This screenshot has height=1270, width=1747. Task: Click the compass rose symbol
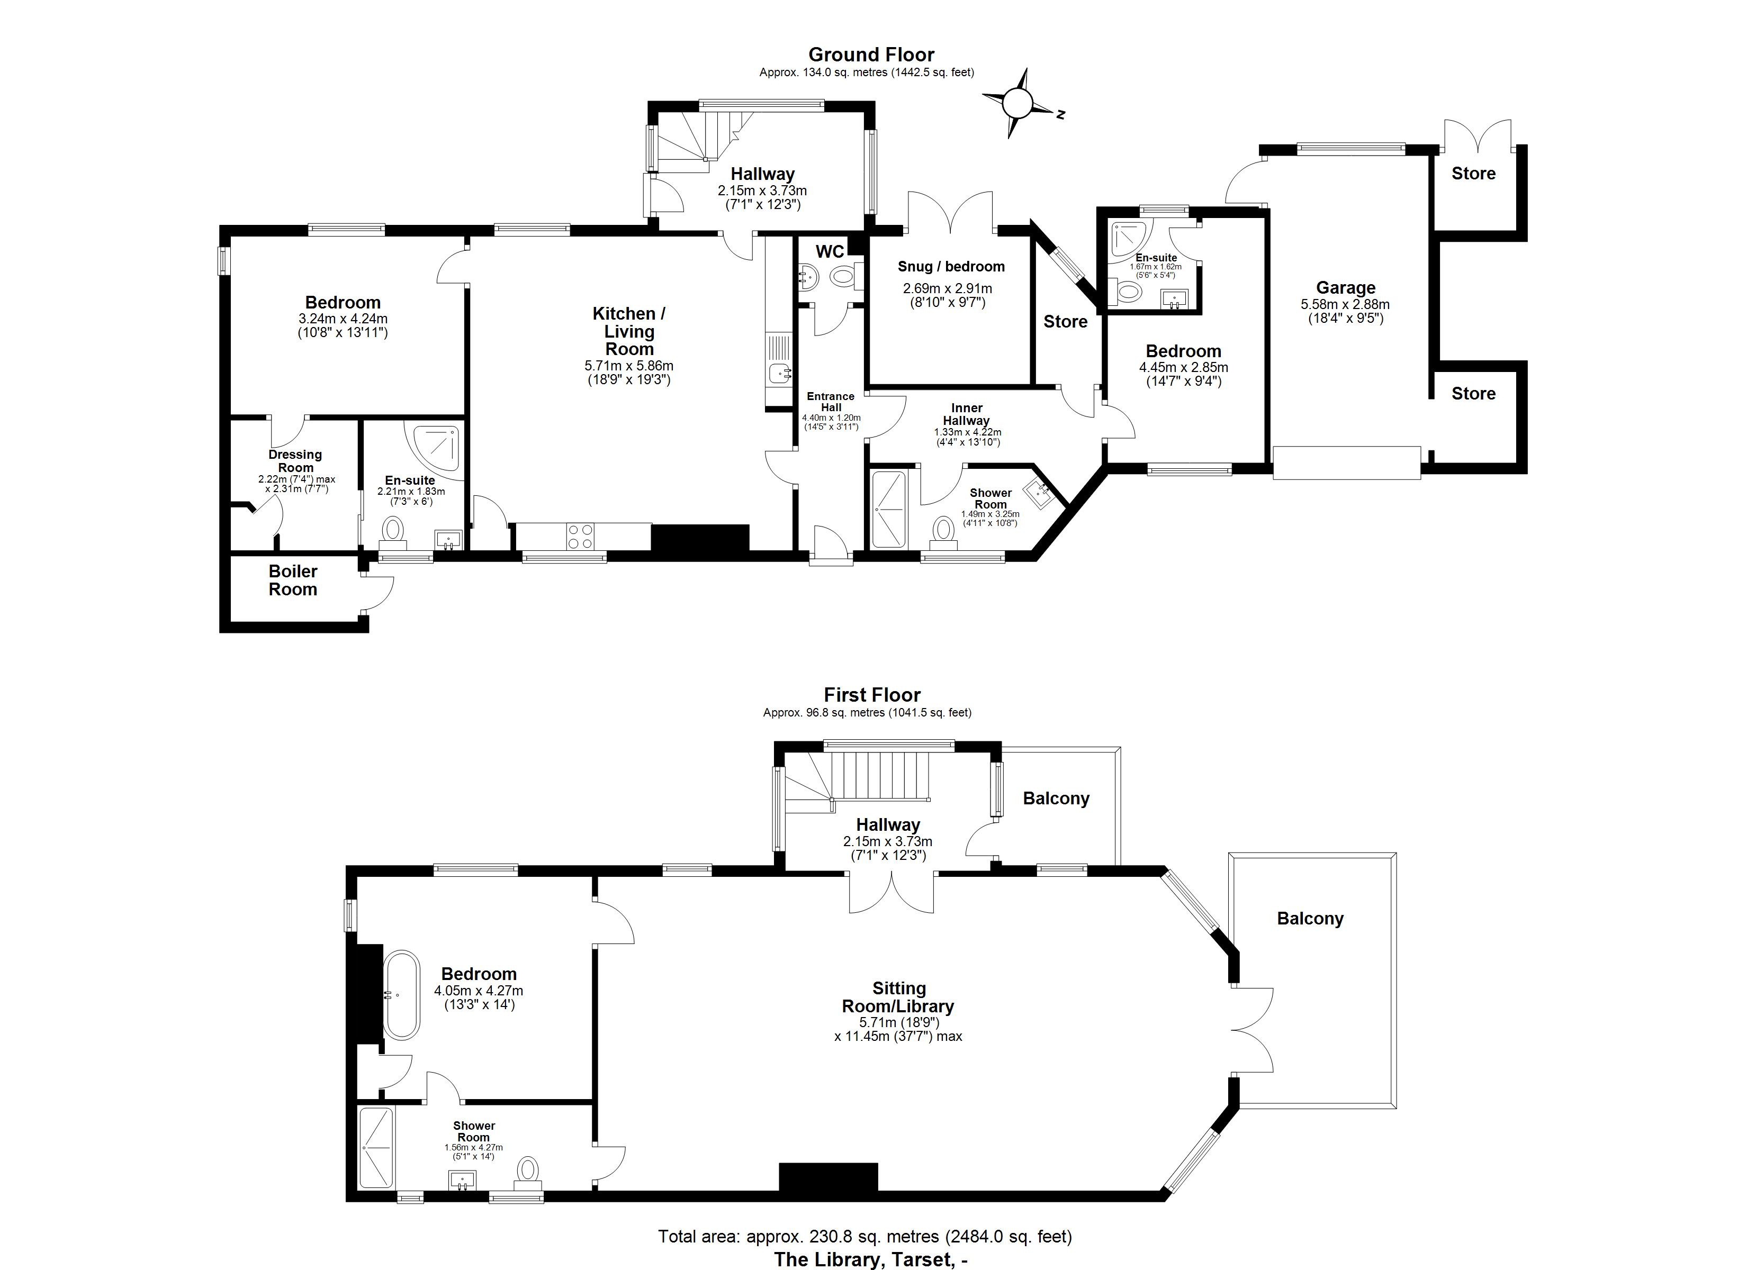point(1017,103)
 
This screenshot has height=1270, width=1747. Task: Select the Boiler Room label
point(293,580)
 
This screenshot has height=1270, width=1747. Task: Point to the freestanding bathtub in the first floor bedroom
point(402,995)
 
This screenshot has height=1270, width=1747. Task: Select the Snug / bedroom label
point(951,267)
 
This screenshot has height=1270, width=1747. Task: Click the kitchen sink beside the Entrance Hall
point(779,374)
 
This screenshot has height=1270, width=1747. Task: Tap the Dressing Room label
point(295,460)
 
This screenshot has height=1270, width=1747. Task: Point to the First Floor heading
point(872,695)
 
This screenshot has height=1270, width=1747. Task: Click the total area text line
point(865,1237)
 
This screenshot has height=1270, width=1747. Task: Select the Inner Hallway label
point(966,414)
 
